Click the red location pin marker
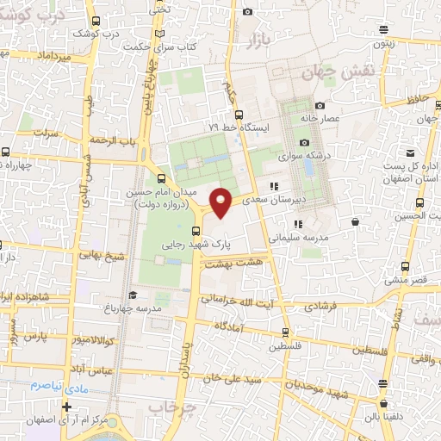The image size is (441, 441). pos(222,202)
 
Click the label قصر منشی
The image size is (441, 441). pos(407,281)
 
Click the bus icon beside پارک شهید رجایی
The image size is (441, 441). pos(196,230)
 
